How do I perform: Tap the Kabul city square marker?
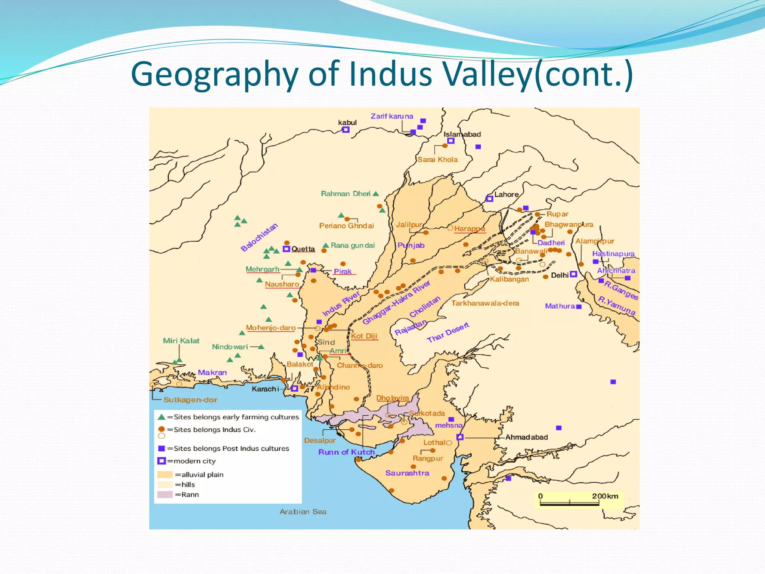346,130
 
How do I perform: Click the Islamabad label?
462,134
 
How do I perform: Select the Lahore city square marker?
489,199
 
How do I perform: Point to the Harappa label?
470,229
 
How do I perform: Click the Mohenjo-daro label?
270,328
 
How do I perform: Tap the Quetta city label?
303,249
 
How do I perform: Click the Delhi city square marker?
573,274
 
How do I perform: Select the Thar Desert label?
448,333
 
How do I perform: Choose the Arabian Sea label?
303,512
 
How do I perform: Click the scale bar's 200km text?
605,496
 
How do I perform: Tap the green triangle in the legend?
161,417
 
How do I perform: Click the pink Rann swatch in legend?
165,495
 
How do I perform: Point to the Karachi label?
265,389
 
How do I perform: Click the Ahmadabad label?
526,437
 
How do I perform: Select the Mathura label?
560,306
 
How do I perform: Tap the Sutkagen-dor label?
190,400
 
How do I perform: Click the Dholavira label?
393,398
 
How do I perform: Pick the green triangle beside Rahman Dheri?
376,194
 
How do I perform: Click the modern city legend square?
161,461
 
